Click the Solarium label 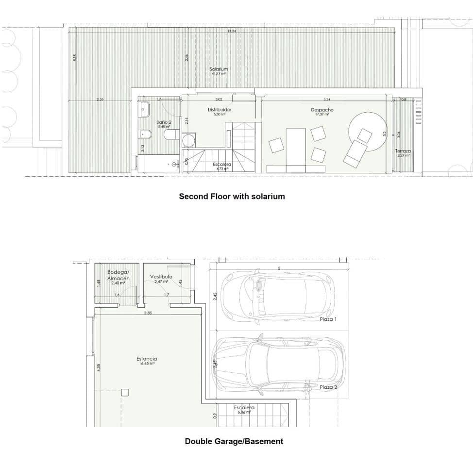coord(219,69)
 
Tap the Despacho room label coord(322,110)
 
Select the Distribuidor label coord(220,110)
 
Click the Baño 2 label coord(164,122)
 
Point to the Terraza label coord(403,151)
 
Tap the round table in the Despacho coord(367,127)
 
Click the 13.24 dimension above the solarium coord(232,32)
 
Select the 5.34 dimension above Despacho coord(326,100)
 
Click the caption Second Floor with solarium coord(232,197)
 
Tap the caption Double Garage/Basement coord(234,441)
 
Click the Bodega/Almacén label coord(118,275)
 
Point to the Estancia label coord(146,359)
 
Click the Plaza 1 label coord(328,320)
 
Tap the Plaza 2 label coord(328,387)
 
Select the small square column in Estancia coord(125,392)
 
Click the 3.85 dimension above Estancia coord(148,313)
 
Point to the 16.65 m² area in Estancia coord(146,364)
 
